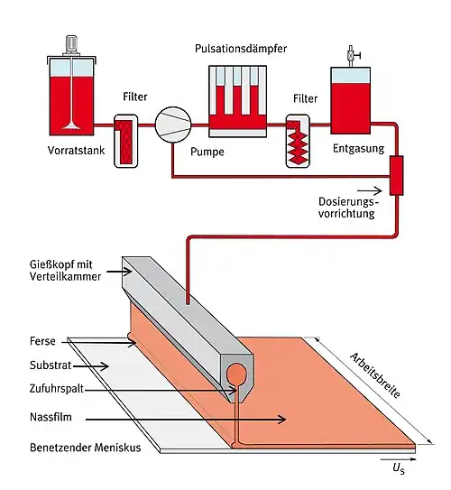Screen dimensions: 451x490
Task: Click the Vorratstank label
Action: point(76,151)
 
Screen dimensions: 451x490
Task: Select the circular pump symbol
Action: point(173,125)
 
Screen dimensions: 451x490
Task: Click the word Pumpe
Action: point(207,152)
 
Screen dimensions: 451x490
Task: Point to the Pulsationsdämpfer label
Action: point(241,49)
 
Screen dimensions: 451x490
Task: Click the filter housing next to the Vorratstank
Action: point(126,141)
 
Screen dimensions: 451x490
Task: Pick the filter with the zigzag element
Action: point(298,141)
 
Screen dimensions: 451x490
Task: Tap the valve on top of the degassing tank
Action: point(352,56)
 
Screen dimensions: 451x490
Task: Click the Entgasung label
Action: point(358,148)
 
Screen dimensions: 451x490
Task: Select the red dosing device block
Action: point(396,175)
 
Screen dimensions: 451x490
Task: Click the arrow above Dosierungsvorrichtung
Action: point(370,190)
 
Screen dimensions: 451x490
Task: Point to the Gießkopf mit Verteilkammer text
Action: point(65,271)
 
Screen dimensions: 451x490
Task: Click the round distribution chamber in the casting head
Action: point(236,374)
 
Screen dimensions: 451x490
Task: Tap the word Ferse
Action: point(42,340)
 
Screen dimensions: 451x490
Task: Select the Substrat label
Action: point(51,365)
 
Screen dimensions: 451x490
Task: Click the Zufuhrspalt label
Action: point(57,389)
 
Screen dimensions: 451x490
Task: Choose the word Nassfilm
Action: point(51,417)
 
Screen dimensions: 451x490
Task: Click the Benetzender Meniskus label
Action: point(86,448)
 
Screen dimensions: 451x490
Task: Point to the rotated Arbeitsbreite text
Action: point(375,375)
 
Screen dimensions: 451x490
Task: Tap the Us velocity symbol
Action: point(399,468)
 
